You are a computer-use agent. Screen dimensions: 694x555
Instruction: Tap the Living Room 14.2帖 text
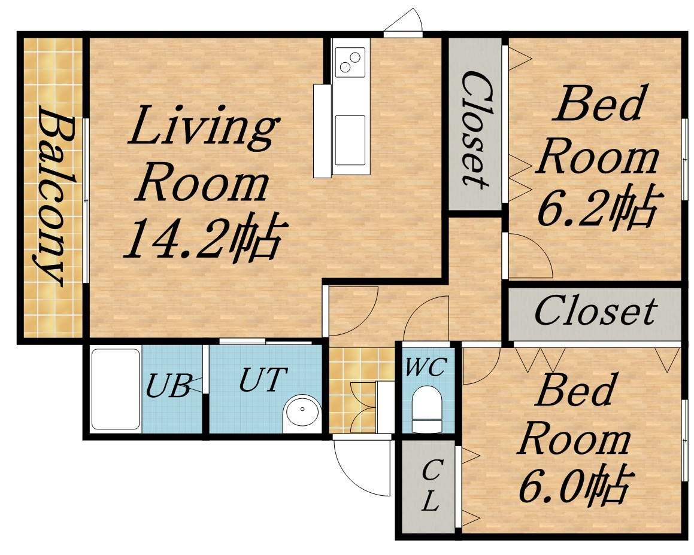[x=201, y=182]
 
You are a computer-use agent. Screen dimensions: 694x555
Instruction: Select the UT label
[x=260, y=379]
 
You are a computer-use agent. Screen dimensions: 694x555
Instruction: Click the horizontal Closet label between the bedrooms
[x=595, y=311]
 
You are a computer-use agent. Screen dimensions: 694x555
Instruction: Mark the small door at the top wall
[x=404, y=25]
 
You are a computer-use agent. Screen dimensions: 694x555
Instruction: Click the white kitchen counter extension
[x=322, y=131]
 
